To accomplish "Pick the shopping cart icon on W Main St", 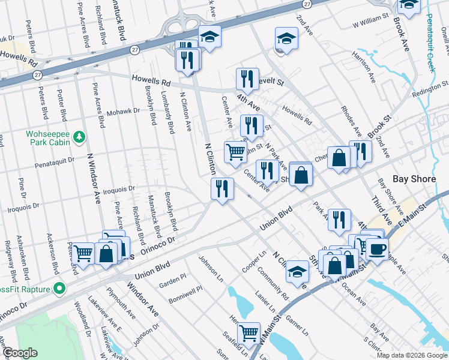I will (x=249, y=332).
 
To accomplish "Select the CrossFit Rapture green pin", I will (x=59, y=289).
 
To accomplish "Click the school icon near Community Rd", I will (x=297, y=271).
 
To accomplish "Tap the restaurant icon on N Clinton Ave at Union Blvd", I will (x=222, y=188).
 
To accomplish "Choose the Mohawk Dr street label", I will (x=122, y=112).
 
